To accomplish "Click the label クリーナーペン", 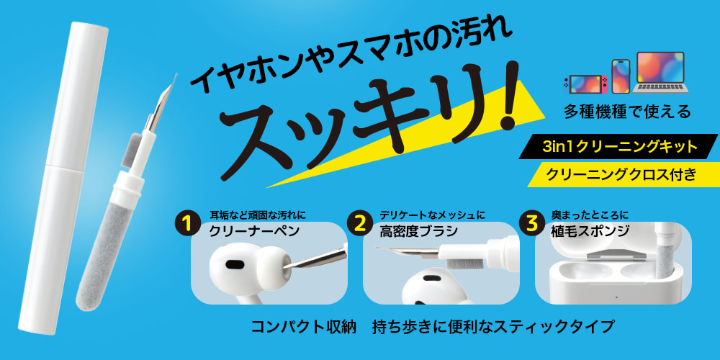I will tap(254, 232).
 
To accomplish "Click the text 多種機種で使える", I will tap(629, 112).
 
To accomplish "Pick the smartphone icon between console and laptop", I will tap(620, 76).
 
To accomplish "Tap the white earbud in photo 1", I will tap(241, 271).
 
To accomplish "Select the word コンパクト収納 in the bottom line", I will tap(304, 326).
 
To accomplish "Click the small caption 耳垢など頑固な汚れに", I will tap(258, 215).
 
